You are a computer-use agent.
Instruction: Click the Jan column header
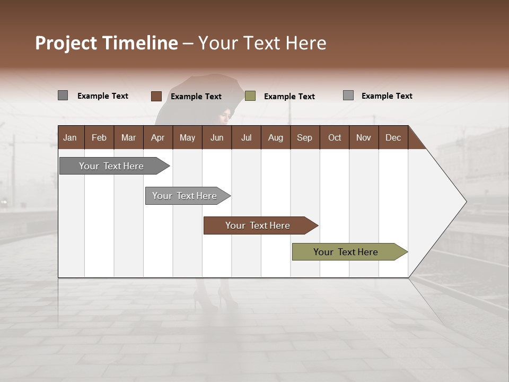(71, 137)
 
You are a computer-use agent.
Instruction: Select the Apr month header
(158, 137)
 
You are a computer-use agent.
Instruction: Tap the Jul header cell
(246, 137)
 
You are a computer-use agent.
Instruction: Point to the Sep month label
(304, 137)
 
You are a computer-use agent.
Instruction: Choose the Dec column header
(393, 137)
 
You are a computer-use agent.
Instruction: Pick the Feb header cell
(99, 137)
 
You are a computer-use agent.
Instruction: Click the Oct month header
(335, 137)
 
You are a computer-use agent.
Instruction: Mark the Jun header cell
(217, 137)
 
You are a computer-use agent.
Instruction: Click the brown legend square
(156, 96)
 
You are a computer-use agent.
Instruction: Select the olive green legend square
(250, 96)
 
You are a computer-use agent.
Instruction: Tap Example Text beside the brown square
(196, 97)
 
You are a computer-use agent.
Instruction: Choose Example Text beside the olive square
(289, 97)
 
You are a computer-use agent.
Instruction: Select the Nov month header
(363, 137)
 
